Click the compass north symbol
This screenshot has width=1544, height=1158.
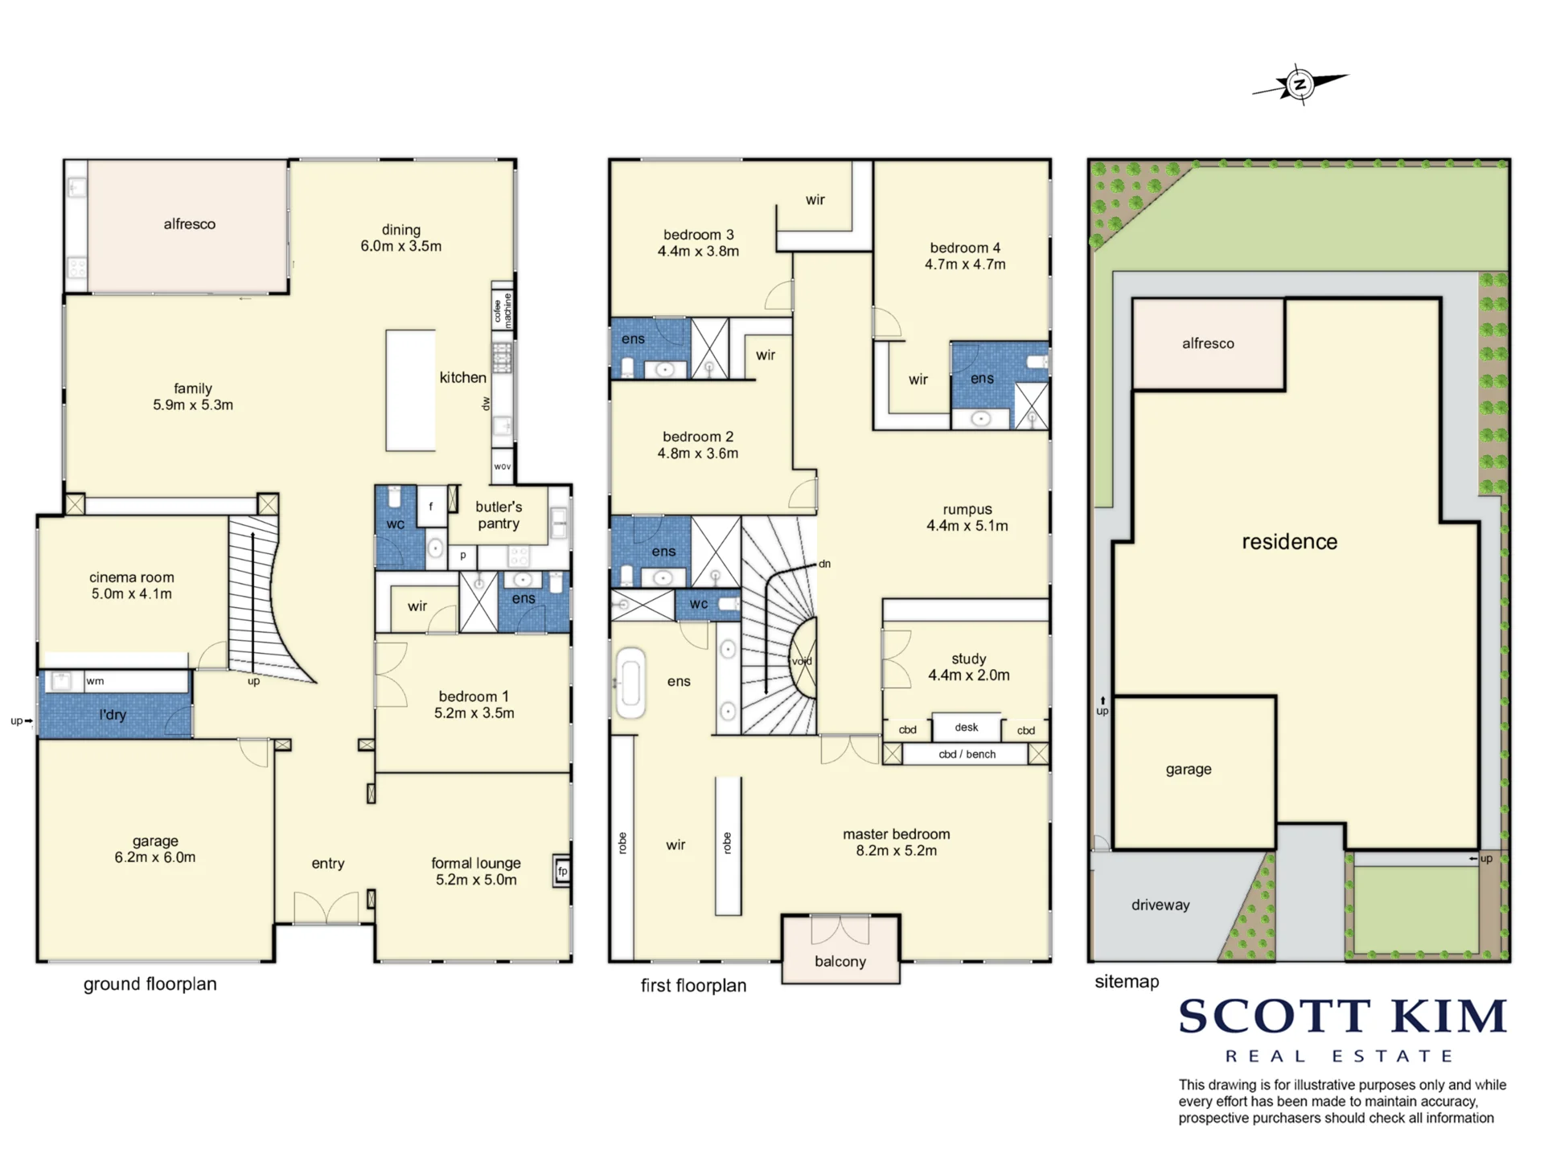[x=1300, y=84]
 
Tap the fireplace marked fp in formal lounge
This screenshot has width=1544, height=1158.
[x=562, y=871]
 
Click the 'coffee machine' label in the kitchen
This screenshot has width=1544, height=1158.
[x=503, y=310]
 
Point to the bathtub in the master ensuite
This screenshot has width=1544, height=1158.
[x=630, y=683]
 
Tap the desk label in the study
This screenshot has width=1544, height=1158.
[x=967, y=727]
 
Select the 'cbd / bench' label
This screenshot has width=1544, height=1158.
[x=967, y=754]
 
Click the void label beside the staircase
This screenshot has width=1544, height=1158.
[x=802, y=661]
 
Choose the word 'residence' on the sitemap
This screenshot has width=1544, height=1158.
[x=1290, y=541]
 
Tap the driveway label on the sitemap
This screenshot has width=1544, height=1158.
[x=1160, y=905]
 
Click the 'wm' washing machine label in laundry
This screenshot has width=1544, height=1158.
[x=95, y=681]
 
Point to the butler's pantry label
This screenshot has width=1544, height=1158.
[x=499, y=515]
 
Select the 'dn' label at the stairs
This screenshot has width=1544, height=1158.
[x=825, y=564]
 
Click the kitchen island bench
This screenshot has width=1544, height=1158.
[x=410, y=390]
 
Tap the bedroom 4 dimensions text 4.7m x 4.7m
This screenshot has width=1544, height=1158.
[x=965, y=265]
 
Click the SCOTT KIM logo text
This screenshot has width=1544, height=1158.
[x=1342, y=1016]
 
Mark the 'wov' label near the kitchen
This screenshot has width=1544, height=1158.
[x=503, y=466]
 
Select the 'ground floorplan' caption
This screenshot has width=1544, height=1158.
[x=150, y=984]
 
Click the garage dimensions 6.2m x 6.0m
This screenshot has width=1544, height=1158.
[x=155, y=857]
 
